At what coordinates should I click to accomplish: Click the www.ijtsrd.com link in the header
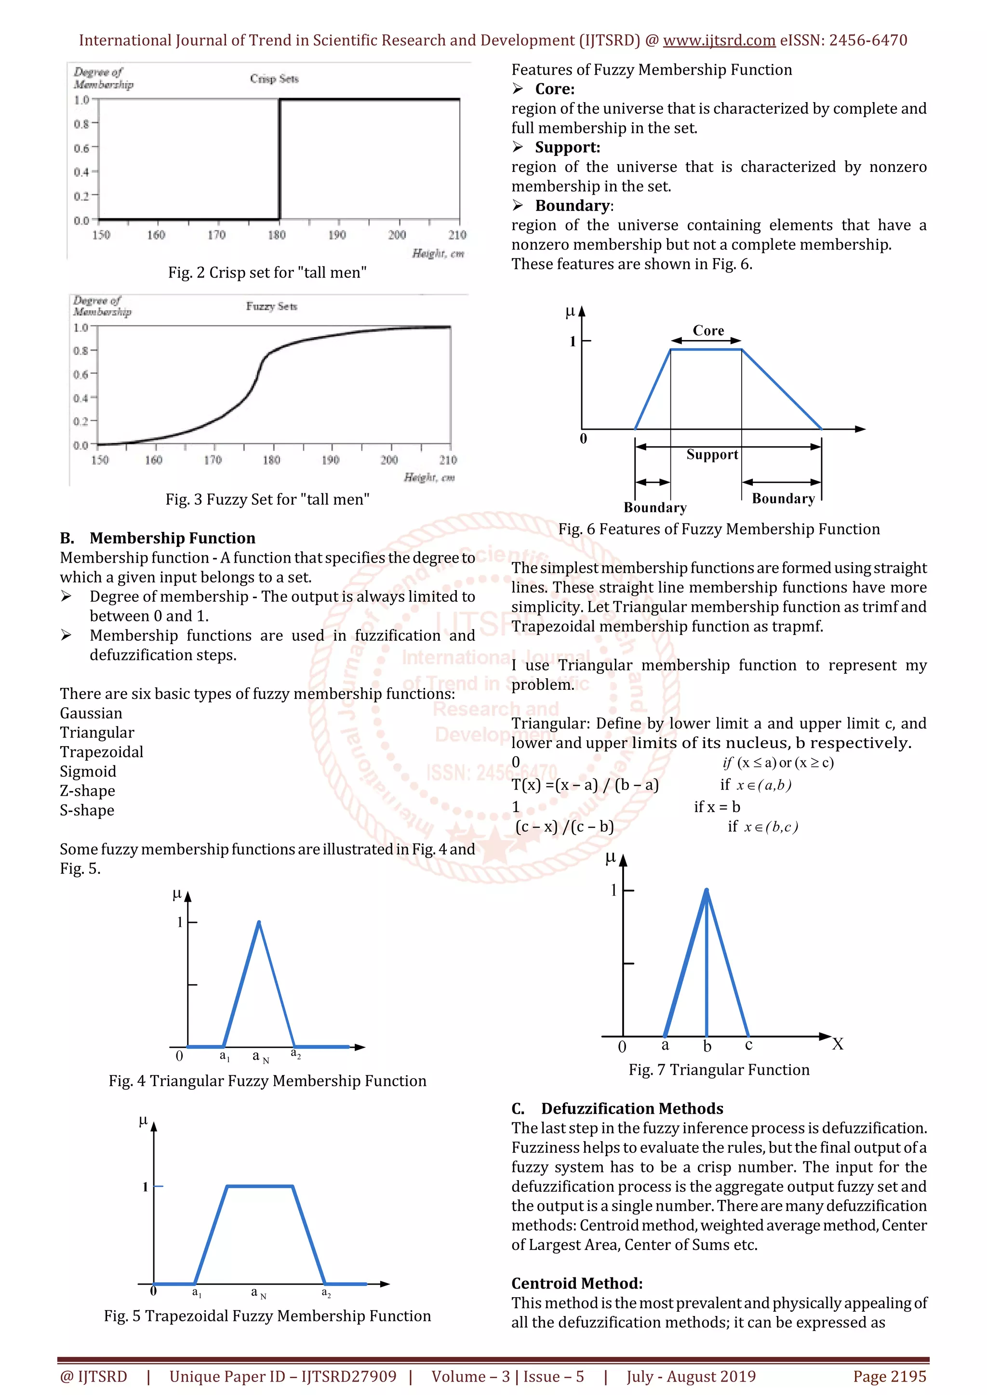click(719, 41)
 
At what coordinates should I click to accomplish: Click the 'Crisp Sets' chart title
click(274, 79)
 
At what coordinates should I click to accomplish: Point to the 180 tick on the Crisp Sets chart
click(277, 235)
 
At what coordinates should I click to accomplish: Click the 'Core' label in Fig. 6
click(708, 330)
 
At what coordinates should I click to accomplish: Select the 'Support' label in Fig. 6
click(712, 454)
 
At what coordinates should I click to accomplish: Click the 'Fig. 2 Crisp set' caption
click(267, 273)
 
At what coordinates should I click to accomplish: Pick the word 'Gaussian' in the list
click(91, 713)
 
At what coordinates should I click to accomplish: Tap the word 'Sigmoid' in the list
click(88, 771)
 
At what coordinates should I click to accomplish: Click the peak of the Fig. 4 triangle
click(259, 922)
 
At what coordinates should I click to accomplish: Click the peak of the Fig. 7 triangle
click(706, 890)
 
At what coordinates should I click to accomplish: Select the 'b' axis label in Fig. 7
click(707, 1046)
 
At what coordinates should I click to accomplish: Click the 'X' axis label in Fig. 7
click(838, 1044)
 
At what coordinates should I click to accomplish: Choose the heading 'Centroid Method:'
click(576, 1283)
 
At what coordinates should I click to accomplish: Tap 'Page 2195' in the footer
click(889, 1376)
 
